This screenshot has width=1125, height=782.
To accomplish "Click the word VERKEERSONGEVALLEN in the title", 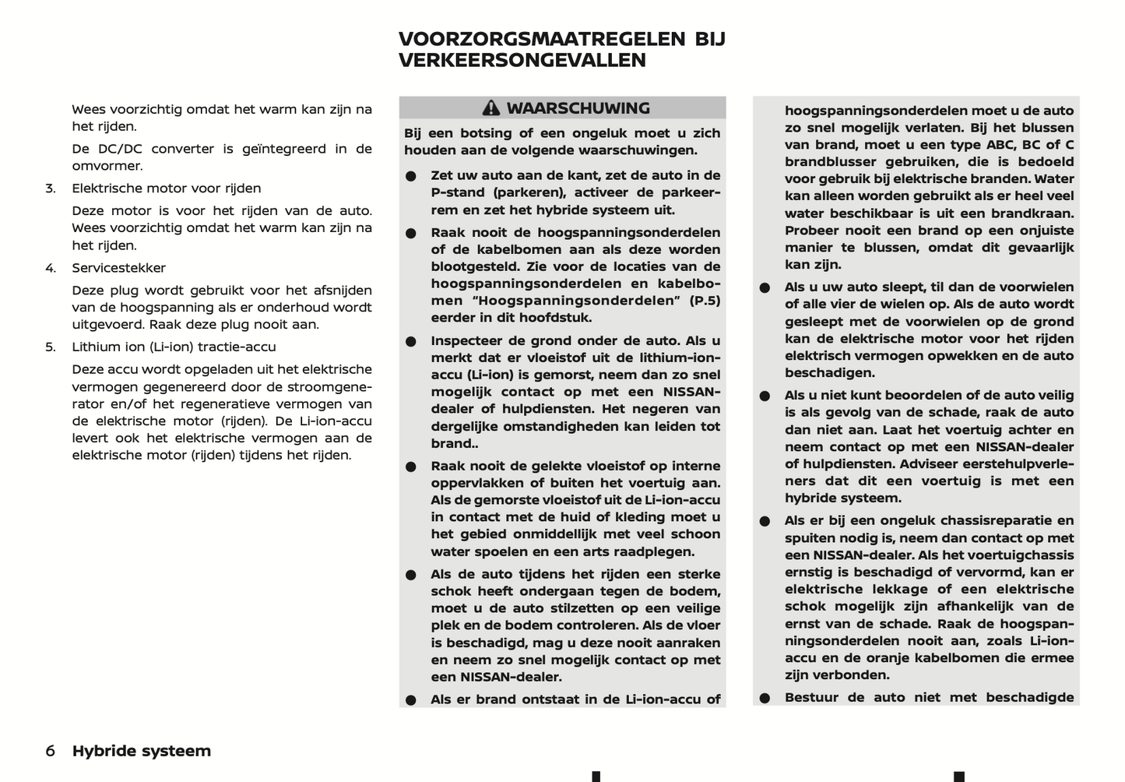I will tap(522, 60).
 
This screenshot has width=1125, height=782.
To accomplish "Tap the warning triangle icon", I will tap(490, 108).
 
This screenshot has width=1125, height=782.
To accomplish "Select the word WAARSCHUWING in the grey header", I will tap(578, 108).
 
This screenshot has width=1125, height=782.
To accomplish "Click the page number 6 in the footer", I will tap(51, 751).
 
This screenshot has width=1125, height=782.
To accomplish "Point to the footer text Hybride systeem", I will tap(142, 751).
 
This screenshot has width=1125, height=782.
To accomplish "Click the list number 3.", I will tap(51, 188).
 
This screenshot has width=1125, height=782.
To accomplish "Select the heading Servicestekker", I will tap(119, 268).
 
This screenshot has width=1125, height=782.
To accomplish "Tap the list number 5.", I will tap(51, 347).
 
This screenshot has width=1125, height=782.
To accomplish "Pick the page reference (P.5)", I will tap(705, 301).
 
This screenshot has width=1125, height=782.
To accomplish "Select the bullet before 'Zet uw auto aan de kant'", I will tap(410, 176).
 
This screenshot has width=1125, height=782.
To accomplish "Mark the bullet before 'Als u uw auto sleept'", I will tap(765, 287).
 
